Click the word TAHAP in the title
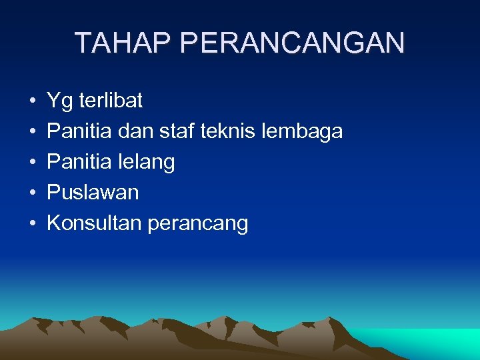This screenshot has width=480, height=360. (123, 43)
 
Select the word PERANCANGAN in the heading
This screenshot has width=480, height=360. (292, 43)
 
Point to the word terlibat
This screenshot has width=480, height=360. (111, 101)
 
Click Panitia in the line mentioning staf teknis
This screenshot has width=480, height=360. (79, 131)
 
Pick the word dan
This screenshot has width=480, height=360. (135, 131)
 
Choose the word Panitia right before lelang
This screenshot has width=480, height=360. (79, 162)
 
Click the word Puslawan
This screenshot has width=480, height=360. (93, 193)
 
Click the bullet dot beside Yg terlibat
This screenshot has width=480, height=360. (33, 102)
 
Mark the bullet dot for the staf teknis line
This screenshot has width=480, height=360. (33, 133)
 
